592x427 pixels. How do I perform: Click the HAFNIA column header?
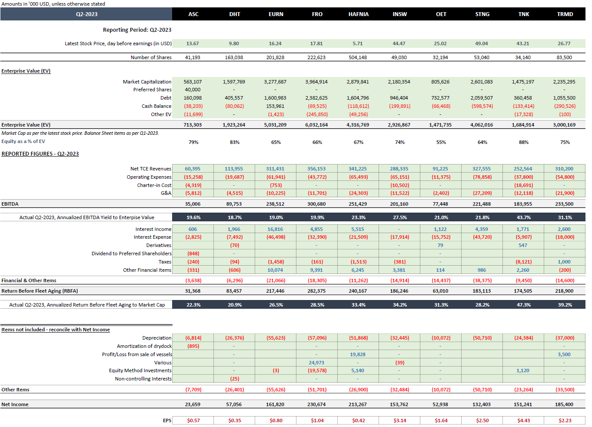click(358, 14)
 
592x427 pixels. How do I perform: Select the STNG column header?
click(482, 14)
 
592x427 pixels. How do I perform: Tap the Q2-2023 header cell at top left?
click(86, 14)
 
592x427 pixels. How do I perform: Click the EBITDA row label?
click(10, 204)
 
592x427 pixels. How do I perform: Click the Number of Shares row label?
click(151, 57)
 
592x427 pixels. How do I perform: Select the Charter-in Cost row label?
click(154, 185)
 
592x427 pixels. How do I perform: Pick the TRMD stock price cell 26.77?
click(564, 43)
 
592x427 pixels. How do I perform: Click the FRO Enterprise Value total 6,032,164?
click(317, 125)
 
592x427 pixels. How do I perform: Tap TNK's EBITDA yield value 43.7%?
click(523, 217)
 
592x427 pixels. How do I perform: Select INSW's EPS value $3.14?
click(399, 420)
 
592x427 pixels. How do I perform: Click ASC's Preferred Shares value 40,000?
click(193, 90)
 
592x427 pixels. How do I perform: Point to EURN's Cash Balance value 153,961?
click(275, 106)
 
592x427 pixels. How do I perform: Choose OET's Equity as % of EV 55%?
click(441, 142)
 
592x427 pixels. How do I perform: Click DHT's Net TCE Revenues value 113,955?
click(234, 169)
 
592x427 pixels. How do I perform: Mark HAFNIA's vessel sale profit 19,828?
click(358, 354)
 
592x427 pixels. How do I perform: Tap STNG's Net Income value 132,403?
click(482, 404)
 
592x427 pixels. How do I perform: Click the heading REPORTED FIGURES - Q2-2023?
click(40, 154)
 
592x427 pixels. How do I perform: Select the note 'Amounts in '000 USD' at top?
click(53, 4)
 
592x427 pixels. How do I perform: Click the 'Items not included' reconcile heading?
click(56, 330)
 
